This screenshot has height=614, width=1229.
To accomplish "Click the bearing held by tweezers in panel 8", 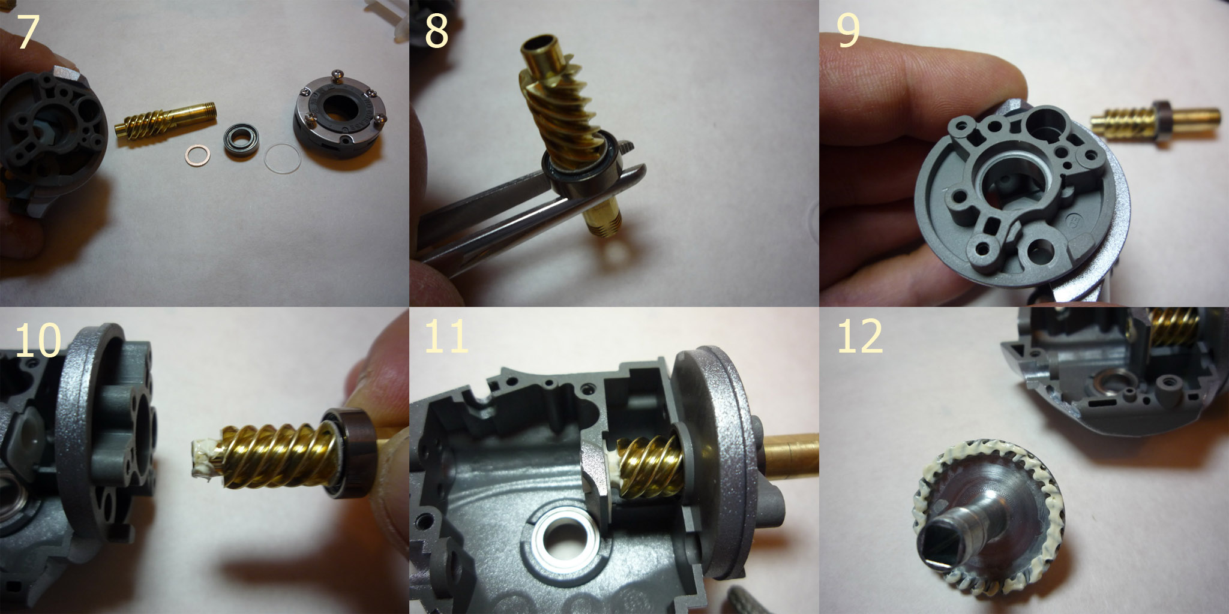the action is click(x=581, y=173).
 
